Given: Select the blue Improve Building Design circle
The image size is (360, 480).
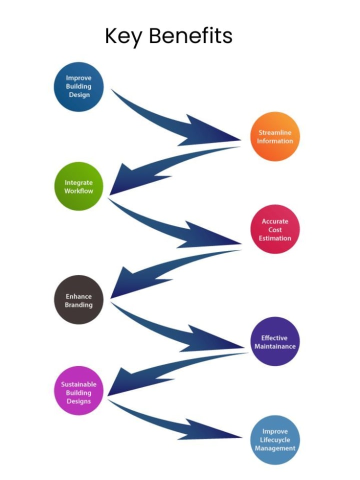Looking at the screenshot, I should coord(79,86).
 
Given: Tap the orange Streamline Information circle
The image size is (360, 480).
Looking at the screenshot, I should coord(275,136).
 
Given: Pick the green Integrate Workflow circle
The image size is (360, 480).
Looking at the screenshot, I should coord(79,186).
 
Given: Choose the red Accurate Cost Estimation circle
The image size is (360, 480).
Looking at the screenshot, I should coord(275,229).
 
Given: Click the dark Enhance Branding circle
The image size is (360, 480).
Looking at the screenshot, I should coord(79,300).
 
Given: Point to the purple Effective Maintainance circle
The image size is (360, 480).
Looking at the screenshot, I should coord(275,342).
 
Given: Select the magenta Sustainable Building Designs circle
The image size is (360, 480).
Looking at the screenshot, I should coord(79,392).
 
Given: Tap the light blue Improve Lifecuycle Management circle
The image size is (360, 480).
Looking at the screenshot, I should coord(275,439).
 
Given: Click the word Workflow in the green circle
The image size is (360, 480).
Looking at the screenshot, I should coord(79,191).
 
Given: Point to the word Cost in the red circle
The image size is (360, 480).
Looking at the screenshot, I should coord(275,230).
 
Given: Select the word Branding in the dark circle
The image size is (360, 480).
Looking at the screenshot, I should coord(79,304).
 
